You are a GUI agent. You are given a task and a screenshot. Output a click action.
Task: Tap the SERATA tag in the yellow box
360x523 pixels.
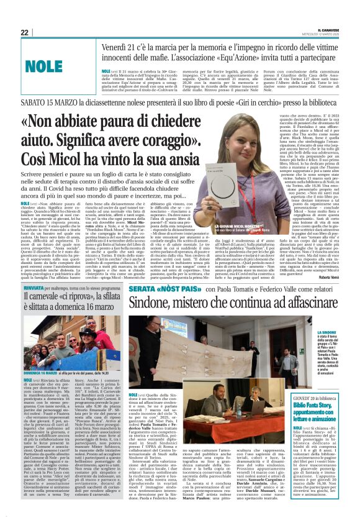point(143,289)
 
